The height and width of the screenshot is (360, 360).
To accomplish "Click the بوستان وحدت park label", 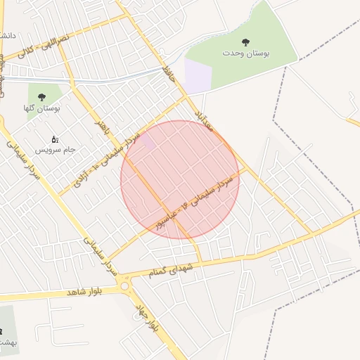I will pos(245,53).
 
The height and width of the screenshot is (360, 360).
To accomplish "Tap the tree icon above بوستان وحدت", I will pos(245,42).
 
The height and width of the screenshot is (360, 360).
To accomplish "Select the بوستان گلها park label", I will pos(41,108).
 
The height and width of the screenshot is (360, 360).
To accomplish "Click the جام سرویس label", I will pos(56,150).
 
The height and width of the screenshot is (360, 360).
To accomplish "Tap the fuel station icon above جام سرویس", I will pos(55,139).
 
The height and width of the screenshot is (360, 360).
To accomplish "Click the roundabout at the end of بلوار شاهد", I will pos(125,285).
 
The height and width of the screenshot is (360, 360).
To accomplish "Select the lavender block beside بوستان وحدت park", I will pos(198,75).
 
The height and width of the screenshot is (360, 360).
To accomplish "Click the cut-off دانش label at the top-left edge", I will pos(6,34).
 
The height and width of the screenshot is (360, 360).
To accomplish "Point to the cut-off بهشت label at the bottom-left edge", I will pos(6,341).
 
